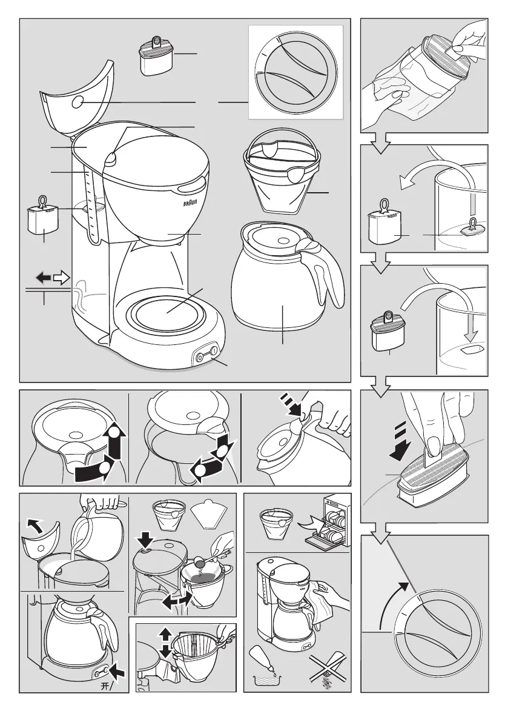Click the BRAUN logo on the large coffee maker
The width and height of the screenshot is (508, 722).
click(x=190, y=202)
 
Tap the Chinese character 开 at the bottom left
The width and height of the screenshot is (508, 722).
click(x=105, y=686)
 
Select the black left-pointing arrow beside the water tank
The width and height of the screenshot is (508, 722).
click(x=44, y=277)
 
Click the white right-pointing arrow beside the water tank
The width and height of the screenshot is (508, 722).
click(x=62, y=278)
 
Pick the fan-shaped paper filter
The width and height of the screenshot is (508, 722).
click(x=209, y=513)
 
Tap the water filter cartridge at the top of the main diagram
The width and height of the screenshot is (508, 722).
click(x=154, y=56)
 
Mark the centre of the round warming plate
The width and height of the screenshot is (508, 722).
click(x=168, y=314)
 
